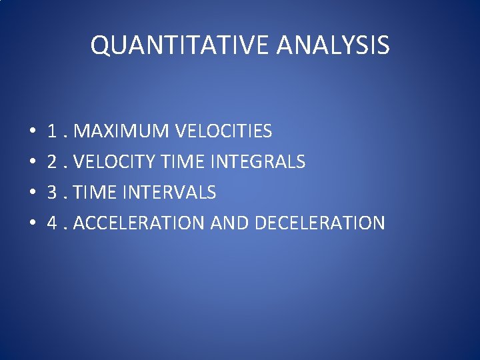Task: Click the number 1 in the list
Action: point(53,131)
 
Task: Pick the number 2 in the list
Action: point(53,161)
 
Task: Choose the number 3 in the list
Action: point(53,192)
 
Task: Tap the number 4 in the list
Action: point(53,223)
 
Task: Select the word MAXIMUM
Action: point(121,131)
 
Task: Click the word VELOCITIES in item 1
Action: point(223,131)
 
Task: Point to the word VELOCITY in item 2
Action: point(108,161)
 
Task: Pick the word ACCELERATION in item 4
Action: point(139,223)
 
